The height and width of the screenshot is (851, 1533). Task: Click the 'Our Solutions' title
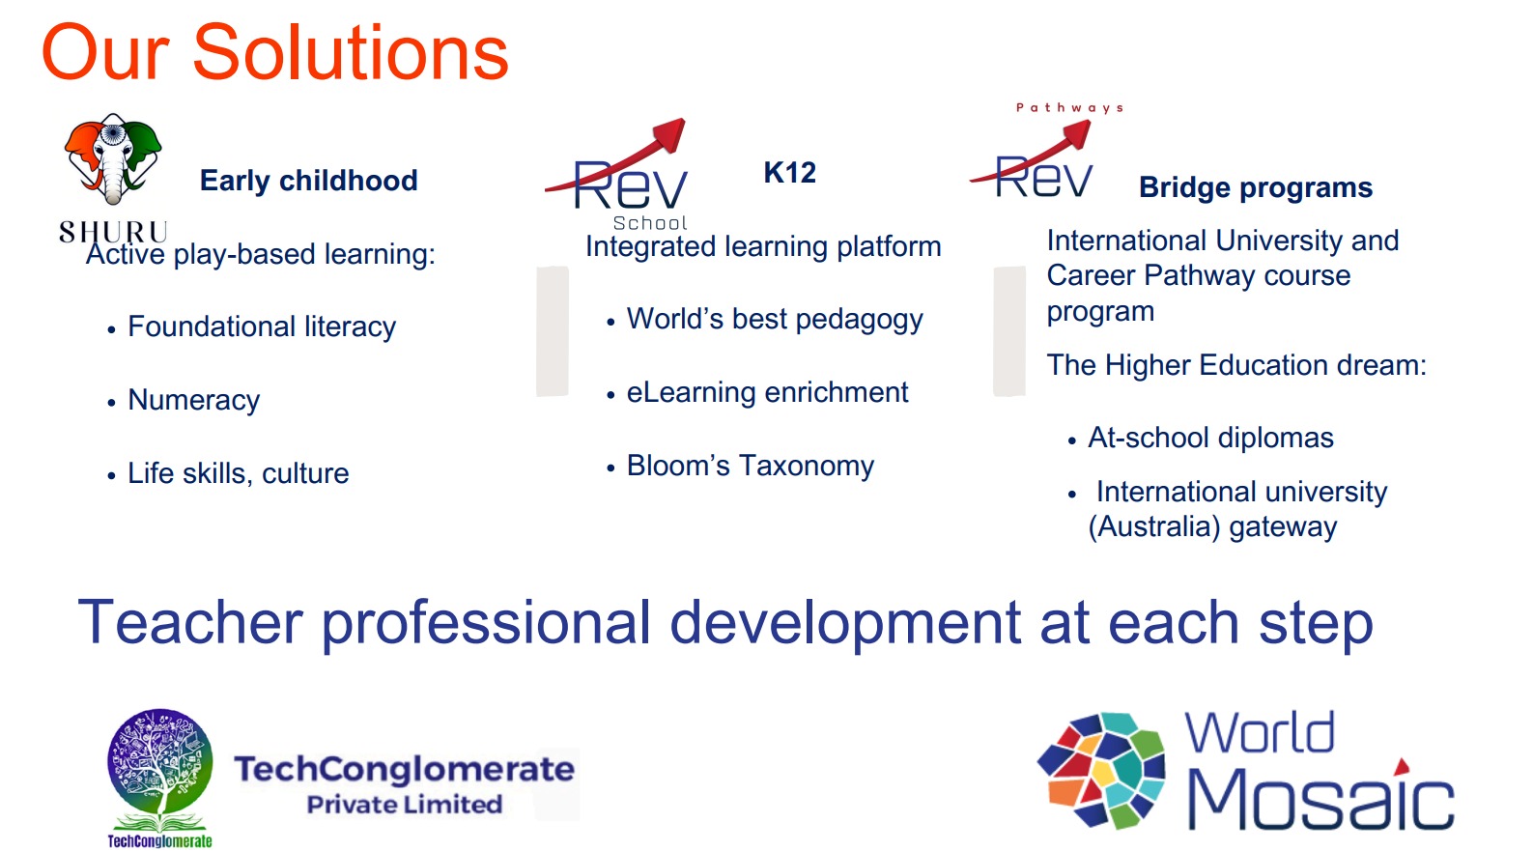tap(275, 53)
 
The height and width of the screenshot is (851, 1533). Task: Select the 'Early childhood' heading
tap(309, 182)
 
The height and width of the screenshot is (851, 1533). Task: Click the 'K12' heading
tap(790, 172)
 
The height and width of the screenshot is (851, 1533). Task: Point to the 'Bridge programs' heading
tap(1256, 188)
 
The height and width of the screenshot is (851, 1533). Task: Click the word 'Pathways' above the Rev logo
tap(1069, 108)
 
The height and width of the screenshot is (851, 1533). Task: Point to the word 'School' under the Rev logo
tap(650, 223)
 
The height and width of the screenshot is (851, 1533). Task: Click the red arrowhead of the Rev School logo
tap(669, 135)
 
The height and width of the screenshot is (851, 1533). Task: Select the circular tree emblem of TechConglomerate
tap(160, 761)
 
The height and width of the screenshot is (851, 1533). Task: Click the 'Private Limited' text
tap(405, 805)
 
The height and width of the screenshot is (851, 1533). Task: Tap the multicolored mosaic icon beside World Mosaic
tap(1101, 770)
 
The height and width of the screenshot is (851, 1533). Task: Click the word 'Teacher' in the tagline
tap(190, 622)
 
